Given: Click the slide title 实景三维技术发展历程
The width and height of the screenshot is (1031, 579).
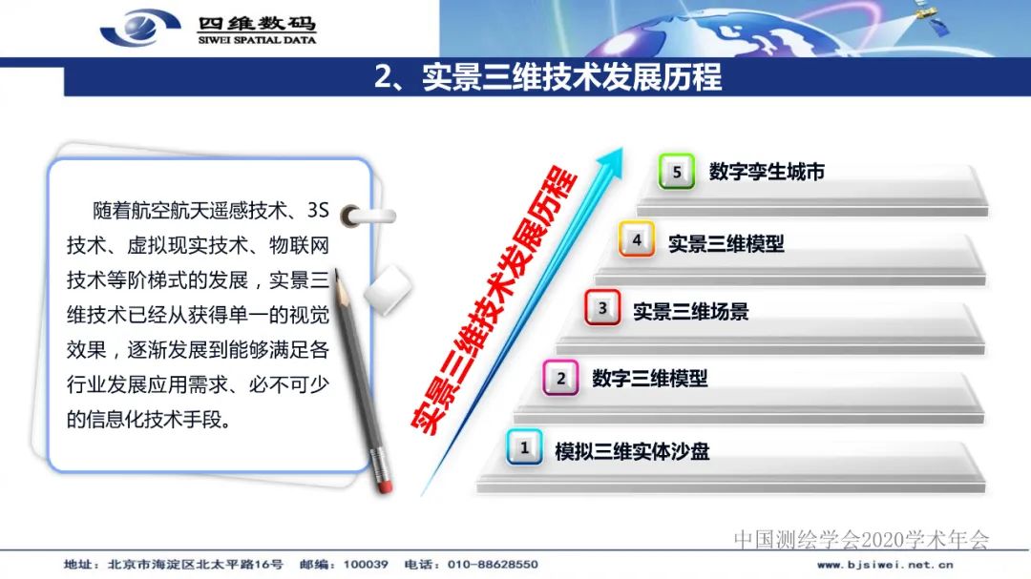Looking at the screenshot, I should pos(548,77).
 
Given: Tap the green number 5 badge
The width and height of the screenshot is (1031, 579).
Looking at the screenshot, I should pos(677,173).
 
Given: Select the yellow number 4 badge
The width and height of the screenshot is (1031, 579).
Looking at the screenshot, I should pos(637,240).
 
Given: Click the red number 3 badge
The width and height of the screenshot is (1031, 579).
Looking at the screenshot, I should pos(602,308).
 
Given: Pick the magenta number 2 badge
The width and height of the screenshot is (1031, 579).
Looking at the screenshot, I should pos(560,378).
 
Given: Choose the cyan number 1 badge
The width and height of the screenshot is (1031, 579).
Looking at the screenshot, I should pos(524,447).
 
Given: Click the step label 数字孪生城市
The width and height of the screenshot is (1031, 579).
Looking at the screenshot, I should pos(767,173).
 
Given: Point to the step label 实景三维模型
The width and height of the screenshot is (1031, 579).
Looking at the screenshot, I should pos(726,243).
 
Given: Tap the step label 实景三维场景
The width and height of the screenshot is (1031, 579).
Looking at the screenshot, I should pos(691,311).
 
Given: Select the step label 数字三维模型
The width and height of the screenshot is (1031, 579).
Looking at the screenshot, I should pos(650,379).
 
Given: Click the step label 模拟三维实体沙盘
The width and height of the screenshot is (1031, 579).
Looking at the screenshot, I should pos(632,450).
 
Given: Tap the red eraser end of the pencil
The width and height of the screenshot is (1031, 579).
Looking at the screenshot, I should pos(386,485).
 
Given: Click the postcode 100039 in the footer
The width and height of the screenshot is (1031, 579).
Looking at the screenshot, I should pos(368,565).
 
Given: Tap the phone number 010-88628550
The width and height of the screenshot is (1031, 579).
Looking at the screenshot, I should pos(490,565).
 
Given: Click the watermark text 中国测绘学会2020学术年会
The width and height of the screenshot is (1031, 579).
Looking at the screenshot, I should pos(861,540).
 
